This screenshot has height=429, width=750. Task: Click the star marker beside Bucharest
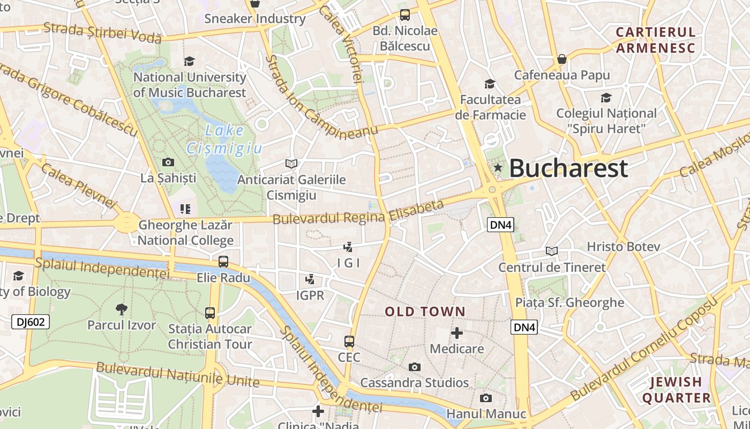[498, 167]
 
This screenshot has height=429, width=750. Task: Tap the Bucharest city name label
[568, 168]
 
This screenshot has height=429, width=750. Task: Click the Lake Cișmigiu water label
[224, 139]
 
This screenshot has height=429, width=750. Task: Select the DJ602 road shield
[31, 322]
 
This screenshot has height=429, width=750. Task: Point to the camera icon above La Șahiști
[168, 162]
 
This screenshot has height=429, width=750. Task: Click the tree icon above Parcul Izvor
[122, 309]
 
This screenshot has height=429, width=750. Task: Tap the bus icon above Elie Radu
[223, 262]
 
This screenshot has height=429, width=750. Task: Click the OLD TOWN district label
[425, 312]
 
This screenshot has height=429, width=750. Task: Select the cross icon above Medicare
[457, 333]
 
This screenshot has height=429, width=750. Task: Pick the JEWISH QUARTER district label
[676, 390]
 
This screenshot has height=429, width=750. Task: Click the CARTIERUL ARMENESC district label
[655, 40]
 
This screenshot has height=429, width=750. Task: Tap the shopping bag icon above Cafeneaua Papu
[561, 58]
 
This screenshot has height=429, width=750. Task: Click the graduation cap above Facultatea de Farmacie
[490, 84]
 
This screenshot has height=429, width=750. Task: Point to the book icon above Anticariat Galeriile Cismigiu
[291, 164]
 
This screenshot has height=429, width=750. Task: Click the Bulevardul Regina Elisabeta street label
[358, 212]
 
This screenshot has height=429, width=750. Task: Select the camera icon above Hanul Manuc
[486, 398]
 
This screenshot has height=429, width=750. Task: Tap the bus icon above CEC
[349, 341]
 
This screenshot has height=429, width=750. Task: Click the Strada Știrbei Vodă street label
[102, 32]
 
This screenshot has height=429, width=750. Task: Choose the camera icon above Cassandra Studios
[414, 367]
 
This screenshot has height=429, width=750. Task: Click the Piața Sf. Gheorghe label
[569, 302]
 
